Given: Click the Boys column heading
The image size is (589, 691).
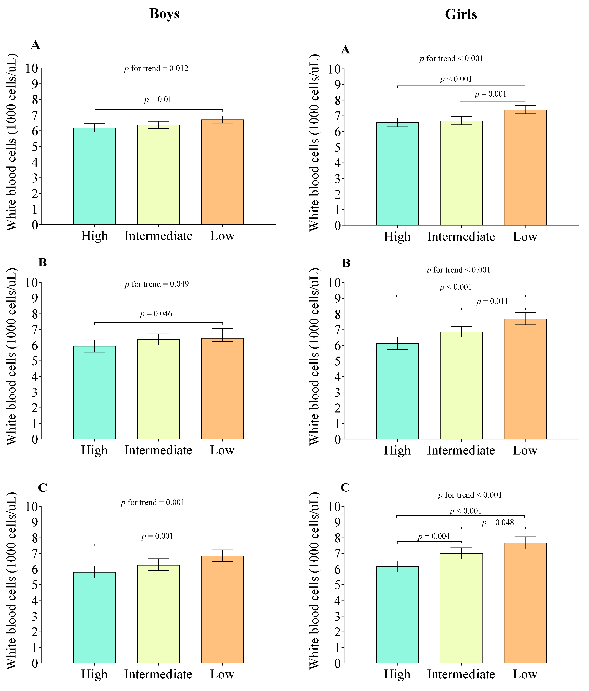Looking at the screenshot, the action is coord(165,14).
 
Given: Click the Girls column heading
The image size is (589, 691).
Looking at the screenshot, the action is coord(461,14).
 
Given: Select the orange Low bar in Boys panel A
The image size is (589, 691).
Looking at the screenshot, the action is coord(223,172).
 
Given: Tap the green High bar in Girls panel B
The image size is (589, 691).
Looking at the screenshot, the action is coord(397,391).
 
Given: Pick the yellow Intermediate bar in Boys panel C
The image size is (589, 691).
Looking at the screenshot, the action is coord(159,614).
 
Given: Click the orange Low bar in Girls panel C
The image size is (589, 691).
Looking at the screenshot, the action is coord(525,603).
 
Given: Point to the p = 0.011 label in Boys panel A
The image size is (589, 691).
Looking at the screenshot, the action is coord(160,100).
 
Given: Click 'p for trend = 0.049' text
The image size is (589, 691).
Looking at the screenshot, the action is coord(157,284).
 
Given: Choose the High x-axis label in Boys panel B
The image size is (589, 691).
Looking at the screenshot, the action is coord(95,450).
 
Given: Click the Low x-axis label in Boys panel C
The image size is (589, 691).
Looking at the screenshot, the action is coord(222,674).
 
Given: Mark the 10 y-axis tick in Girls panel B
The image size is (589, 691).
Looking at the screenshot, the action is coord(335,283).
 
